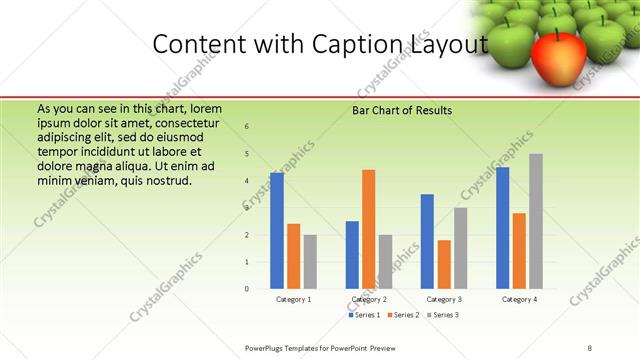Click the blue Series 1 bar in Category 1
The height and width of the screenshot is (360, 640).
(x=277, y=230)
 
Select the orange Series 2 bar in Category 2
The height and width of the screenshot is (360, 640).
(x=368, y=229)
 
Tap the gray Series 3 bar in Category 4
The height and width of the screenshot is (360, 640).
(x=536, y=221)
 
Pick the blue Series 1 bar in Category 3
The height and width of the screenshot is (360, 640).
(x=427, y=241)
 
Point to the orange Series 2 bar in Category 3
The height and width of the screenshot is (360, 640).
(x=444, y=264)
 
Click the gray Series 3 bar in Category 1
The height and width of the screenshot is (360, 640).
(x=310, y=262)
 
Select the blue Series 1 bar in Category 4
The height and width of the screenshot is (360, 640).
(x=502, y=228)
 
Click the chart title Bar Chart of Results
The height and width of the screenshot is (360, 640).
(x=402, y=110)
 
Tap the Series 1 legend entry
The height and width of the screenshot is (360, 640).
(x=365, y=315)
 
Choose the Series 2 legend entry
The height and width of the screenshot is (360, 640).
(x=402, y=315)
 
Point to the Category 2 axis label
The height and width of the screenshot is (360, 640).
(x=369, y=299)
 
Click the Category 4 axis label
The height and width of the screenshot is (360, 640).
(x=519, y=299)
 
